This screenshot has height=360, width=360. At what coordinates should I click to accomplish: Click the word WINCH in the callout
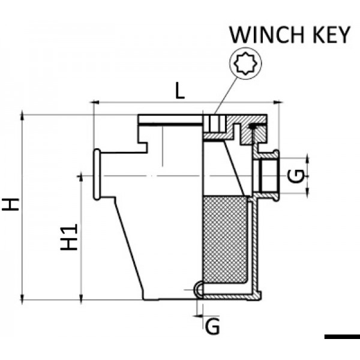(x=264, y=35)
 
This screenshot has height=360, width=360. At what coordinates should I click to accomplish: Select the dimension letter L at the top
(x=179, y=92)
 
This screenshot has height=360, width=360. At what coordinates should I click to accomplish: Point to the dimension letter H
(x=10, y=205)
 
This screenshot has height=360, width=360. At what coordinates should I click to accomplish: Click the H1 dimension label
(x=70, y=237)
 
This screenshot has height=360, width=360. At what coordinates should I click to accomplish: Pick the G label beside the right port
(x=295, y=175)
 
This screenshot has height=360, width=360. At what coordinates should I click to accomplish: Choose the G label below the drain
(x=211, y=326)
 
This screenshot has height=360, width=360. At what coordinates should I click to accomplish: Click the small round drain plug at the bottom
(x=199, y=291)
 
